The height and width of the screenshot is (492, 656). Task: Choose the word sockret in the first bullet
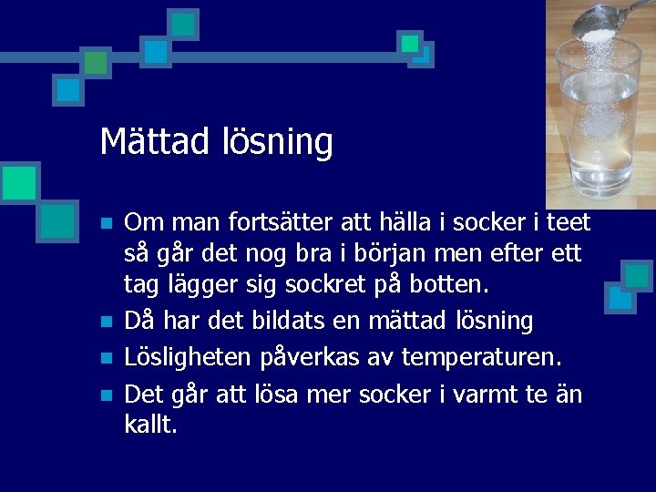click(331, 286)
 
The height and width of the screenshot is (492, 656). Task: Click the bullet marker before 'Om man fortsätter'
click(107, 223)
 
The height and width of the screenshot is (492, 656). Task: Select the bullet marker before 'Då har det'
click(107, 323)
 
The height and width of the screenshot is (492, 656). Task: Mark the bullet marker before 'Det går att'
click(107, 395)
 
